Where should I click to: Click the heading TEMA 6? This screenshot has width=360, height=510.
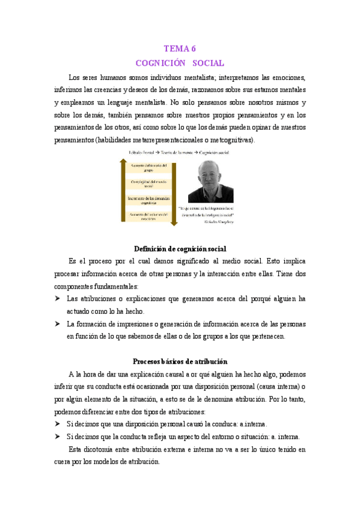(x=180, y=49)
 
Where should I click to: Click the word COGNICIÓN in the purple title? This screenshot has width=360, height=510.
(x=159, y=63)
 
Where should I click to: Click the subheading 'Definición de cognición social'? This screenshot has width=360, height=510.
(x=180, y=248)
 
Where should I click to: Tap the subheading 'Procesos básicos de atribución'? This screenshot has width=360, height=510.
(x=180, y=361)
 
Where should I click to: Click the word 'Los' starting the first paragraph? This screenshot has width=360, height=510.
(x=75, y=77)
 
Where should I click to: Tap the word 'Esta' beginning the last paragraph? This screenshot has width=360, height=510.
(x=76, y=449)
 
